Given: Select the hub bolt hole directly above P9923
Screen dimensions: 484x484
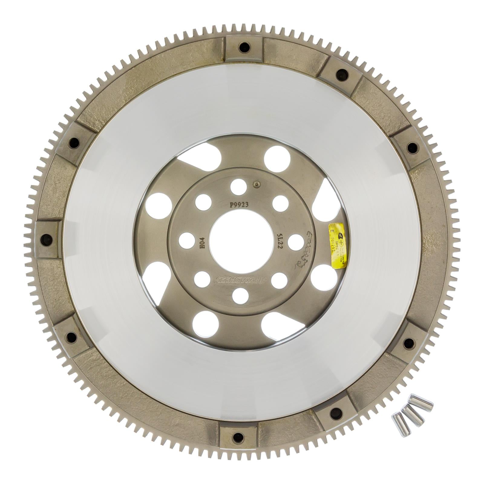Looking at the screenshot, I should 238,187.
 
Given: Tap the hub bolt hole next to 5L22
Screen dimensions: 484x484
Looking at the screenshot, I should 296,242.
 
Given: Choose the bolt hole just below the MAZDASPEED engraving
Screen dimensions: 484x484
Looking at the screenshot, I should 241,296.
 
